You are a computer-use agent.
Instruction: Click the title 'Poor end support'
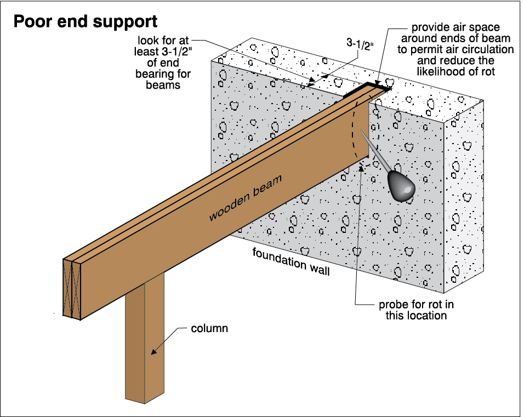point(85,21)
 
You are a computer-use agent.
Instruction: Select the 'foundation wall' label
point(291,261)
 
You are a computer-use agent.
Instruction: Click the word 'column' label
point(209,329)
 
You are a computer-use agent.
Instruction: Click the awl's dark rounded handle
point(401,186)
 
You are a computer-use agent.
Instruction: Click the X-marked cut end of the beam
point(72,288)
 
